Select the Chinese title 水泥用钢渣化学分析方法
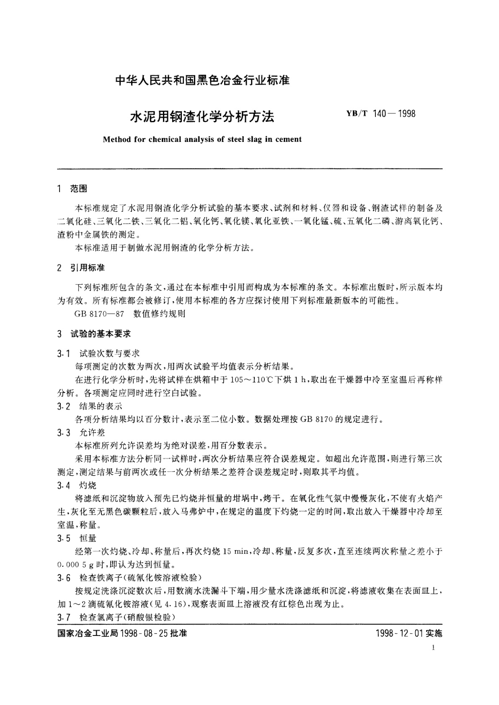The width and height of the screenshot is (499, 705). point(203,116)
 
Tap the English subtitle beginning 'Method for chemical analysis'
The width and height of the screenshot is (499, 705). point(202,139)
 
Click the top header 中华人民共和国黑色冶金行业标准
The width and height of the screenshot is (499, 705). point(202,80)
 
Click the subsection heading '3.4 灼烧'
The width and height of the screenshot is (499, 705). point(77,485)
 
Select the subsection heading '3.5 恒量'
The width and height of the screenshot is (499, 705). point(77,538)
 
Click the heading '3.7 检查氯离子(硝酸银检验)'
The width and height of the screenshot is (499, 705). point(116,618)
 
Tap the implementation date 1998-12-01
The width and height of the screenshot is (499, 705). point(401,633)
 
